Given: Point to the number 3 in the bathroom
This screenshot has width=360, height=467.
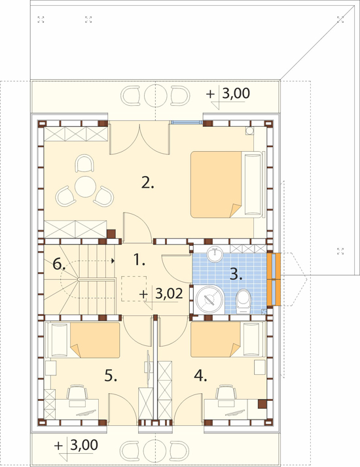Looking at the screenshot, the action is (x=236, y=274).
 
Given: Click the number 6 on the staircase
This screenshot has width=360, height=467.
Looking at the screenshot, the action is (x=59, y=264).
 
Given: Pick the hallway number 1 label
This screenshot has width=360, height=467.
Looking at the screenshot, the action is (x=139, y=260).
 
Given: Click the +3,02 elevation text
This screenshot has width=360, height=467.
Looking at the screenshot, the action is (x=161, y=294).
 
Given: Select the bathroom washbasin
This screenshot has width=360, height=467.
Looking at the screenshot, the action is (x=215, y=254).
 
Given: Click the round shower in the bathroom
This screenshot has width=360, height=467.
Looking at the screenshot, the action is (x=210, y=300).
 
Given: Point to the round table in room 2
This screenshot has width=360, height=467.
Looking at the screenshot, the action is (x=85, y=187).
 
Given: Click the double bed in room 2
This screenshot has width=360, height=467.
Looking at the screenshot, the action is (x=228, y=184).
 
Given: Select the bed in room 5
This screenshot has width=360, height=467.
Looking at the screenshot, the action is (x=83, y=340).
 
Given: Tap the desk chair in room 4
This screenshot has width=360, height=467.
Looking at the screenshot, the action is (x=226, y=392).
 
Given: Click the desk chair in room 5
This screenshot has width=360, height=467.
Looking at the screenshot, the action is (x=77, y=392).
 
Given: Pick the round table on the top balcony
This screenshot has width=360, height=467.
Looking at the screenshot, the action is (x=155, y=95).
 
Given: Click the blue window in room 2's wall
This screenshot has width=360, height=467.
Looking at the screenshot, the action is (x=187, y=122).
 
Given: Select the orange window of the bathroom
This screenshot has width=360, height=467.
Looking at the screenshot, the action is (x=274, y=279).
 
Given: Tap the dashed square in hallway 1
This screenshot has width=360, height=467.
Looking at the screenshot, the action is (x=134, y=288).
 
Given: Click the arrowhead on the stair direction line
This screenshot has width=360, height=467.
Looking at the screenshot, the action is (x=113, y=261).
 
